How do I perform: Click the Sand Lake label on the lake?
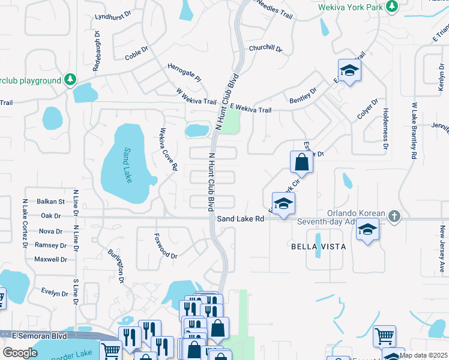coord(127,166)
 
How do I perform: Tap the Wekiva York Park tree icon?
coord(392,6)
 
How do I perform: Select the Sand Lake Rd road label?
coord(241,219)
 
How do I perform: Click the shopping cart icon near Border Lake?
coord(110,350)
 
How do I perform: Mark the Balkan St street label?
coord(51,202)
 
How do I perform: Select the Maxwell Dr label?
coord(50,260)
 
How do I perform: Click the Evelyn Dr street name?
coord(55,293)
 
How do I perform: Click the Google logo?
coord(20,353)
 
